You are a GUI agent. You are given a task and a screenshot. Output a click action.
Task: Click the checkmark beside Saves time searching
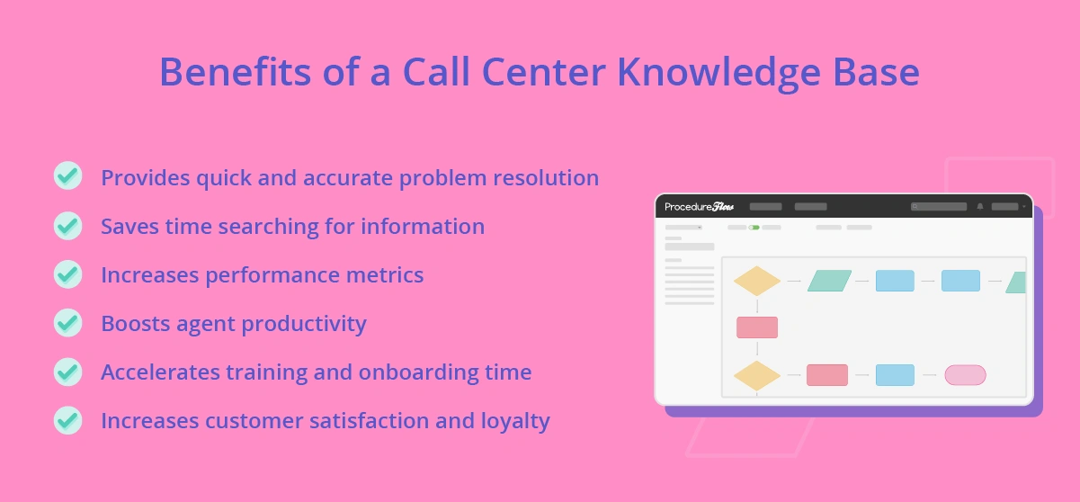pyautogui.click(x=67, y=225)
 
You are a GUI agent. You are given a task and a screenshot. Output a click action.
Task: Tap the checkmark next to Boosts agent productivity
pyautogui.click(x=67, y=322)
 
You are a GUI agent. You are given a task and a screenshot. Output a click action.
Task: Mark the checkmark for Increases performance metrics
pyautogui.click(x=67, y=273)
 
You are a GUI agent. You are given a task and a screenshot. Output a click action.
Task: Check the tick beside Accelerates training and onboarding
pyautogui.click(x=67, y=371)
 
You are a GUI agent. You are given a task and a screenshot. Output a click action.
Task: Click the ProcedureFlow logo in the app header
pyautogui.click(x=700, y=207)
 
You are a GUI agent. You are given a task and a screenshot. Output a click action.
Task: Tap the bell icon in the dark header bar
pyautogui.click(x=980, y=207)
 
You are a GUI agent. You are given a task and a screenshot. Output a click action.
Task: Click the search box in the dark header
pyautogui.click(x=939, y=207)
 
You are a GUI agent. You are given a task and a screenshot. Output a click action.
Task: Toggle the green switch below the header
pyautogui.click(x=754, y=228)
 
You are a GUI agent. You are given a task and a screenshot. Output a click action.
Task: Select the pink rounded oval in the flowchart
pyautogui.click(x=965, y=375)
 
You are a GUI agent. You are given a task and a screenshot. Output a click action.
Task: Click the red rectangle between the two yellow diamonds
pyautogui.click(x=757, y=327)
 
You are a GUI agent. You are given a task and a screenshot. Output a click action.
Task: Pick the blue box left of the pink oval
pyautogui.click(x=895, y=375)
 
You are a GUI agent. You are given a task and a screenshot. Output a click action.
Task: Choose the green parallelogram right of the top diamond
pyautogui.click(x=829, y=281)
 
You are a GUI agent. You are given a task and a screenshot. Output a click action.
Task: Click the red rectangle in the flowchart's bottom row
pyautogui.click(x=827, y=375)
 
